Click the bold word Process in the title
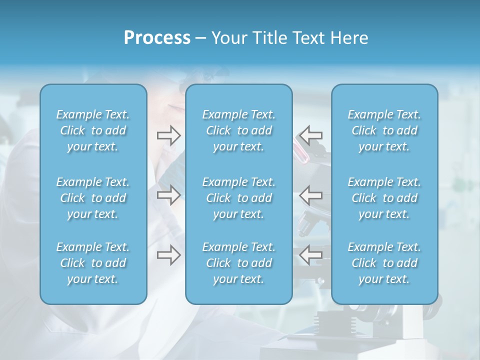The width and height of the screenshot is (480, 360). point(157,38)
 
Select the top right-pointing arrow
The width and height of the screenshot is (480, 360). point(168,135)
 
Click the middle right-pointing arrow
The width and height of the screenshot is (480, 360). point(168,195)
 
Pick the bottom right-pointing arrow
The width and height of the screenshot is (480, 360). point(168,255)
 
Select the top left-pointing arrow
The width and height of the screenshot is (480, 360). point(310,135)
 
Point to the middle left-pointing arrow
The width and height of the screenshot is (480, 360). point(310,195)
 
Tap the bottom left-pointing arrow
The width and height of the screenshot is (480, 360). point(310,255)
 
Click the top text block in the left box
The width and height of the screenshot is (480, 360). point(93,130)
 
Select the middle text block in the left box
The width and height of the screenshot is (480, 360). point(93,198)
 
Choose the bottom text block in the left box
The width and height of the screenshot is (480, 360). point(93,263)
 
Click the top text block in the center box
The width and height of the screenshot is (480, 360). point(238,130)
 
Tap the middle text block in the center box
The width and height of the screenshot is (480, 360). point(238,198)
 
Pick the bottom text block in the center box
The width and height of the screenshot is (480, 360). point(238,263)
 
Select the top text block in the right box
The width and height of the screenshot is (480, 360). point(384,130)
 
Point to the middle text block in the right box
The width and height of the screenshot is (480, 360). point(384,198)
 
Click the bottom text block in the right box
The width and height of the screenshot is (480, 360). point(384,263)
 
